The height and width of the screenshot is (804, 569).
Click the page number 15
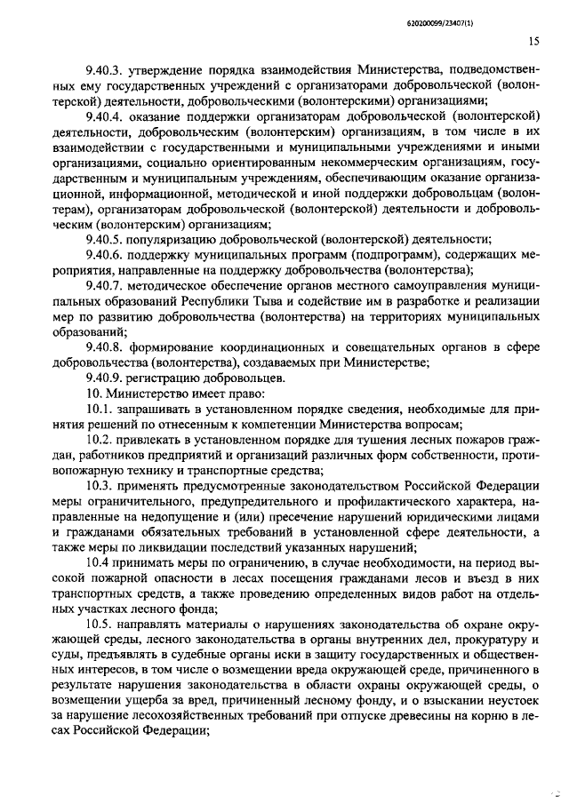click(x=533, y=40)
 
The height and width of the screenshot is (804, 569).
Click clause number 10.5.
click(x=97, y=626)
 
